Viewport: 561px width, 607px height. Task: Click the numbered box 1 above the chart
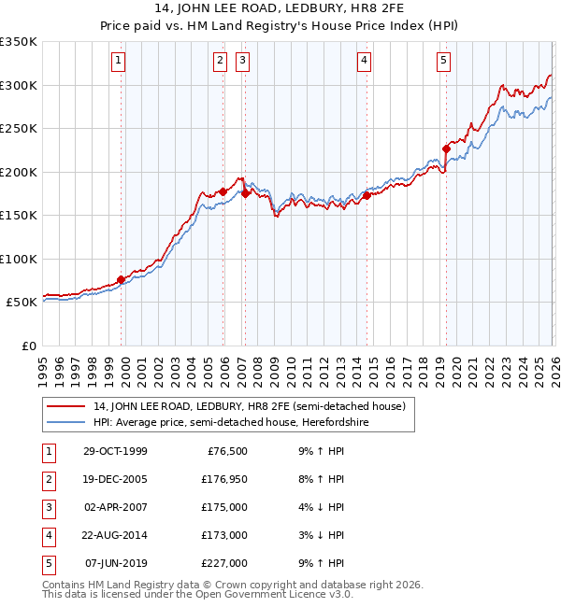(x=120, y=62)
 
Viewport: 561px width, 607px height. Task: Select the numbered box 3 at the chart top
(x=242, y=62)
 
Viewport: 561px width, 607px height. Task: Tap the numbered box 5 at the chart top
(x=443, y=62)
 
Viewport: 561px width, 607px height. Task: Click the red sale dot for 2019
(x=446, y=148)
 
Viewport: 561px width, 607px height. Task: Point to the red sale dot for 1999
(x=122, y=279)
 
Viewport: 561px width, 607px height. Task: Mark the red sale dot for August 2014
(x=367, y=195)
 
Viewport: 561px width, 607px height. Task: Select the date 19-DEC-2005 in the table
(x=114, y=479)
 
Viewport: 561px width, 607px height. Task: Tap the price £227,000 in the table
(x=225, y=563)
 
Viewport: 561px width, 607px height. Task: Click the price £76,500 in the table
(x=228, y=451)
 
